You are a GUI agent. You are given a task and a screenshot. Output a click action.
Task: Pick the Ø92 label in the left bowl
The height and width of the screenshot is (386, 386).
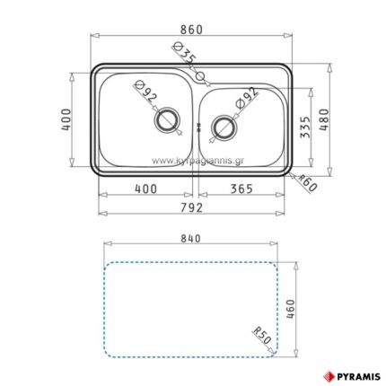point(145,93)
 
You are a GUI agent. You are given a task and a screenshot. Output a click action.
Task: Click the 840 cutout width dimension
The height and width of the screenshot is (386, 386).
point(189,239)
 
